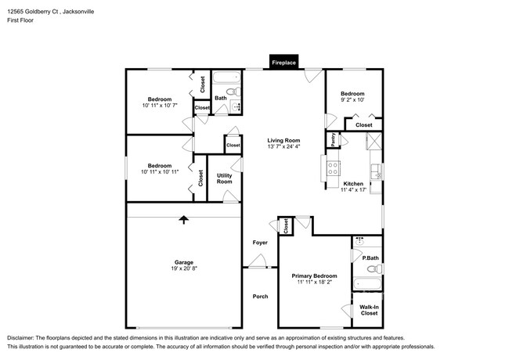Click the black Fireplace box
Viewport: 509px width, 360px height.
click(283, 62)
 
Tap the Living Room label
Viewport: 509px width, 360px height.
click(283, 140)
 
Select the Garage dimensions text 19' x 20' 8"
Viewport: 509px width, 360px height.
click(184, 268)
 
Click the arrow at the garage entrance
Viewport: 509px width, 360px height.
click(184, 220)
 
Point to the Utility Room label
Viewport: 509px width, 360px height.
click(224, 178)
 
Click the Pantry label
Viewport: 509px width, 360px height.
click(333, 139)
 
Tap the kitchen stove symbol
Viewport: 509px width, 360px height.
click(333, 166)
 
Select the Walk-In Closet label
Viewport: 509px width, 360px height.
click(370, 310)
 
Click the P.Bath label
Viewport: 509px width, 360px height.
click(370, 258)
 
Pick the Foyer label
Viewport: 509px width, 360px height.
click(260, 243)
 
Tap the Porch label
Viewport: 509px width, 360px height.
click(260, 296)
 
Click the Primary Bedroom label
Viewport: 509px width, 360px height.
click(314, 275)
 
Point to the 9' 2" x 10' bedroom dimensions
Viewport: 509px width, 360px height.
click(352, 100)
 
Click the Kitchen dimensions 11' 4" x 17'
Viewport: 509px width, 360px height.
click(352, 190)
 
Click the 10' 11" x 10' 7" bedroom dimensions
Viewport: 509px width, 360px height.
click(160, 106)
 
